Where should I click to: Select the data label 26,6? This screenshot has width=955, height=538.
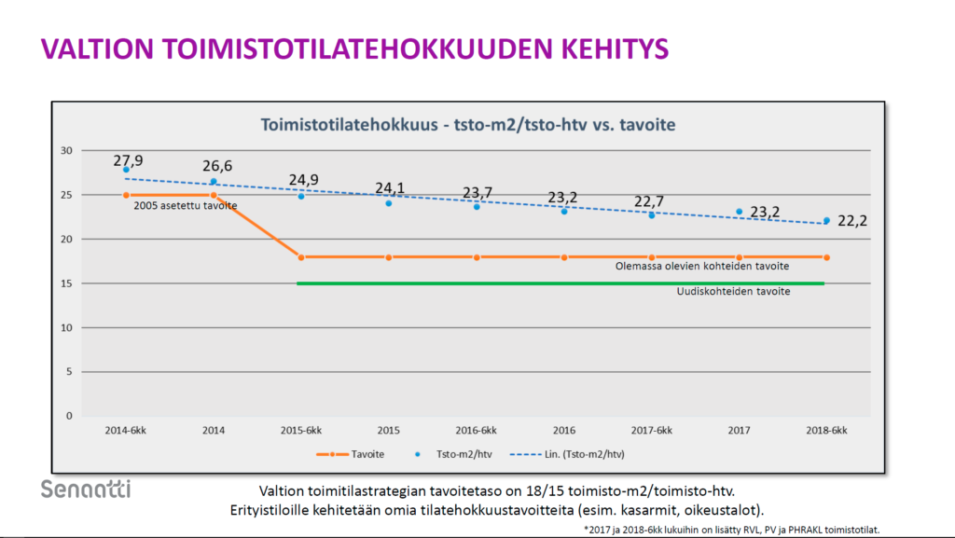click(x=217, y=166)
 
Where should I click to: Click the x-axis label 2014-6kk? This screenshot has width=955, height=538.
click(x=126, y=431)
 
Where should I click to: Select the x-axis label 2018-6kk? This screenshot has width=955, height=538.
click(x=826, y=431)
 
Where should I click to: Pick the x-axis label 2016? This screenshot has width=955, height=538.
click(x=563, y=431)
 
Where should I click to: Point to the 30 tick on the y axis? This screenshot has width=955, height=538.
click(x=66, y=150)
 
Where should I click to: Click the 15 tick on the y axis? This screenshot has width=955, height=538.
click(x=66, y=283)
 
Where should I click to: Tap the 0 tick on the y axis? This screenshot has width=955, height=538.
click(x=69, y=416)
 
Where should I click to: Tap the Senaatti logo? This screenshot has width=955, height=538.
click(x=86, y=489)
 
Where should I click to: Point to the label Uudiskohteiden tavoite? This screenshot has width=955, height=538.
click(x=733, y=292)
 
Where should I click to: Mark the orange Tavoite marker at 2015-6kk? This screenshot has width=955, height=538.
click(x=301, y=257)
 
